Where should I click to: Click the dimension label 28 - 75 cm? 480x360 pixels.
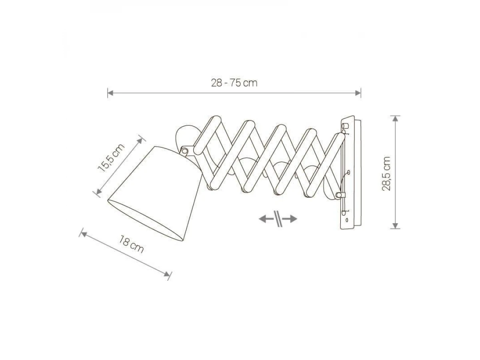pos(234,83)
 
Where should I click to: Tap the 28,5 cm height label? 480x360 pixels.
pos(386,174)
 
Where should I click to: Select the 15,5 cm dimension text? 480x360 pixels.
pos(111,158)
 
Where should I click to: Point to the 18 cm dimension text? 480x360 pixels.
pos(131,244)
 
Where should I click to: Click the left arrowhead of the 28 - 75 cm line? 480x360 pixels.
pos(110,93)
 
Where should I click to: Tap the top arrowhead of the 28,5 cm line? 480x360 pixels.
pos(395,119)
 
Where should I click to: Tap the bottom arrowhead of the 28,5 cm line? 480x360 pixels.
pos(395,226)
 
